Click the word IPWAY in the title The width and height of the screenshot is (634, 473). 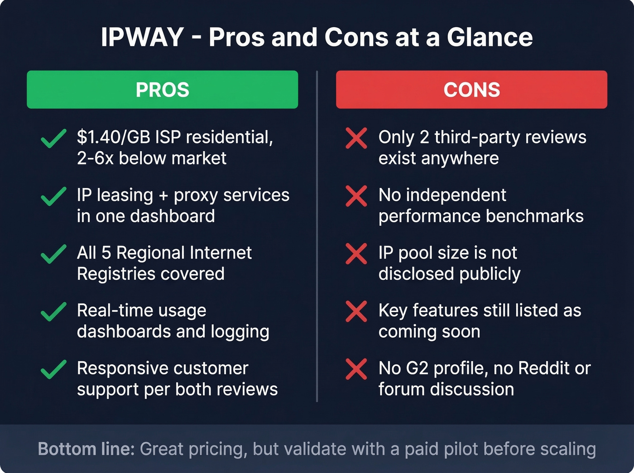pos(142,37)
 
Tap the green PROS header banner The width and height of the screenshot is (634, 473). pos(162,90)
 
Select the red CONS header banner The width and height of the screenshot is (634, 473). pos(471,90)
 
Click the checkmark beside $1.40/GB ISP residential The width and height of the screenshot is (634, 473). pos(53,139)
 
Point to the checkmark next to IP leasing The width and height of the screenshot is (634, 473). pos(53,196)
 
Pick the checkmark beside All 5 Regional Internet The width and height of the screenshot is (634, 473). pos(53,254)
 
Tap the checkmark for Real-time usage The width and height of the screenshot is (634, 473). pos(53,312)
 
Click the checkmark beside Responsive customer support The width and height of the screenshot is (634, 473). pos(53,369)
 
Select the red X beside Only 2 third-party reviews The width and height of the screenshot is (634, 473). pos(356,139)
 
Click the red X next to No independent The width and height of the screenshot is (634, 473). pos(356,196)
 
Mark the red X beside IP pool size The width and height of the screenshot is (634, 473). pos(356,254)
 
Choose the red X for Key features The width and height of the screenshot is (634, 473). pos(356,312)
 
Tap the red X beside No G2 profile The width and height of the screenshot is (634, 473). pos(356,369)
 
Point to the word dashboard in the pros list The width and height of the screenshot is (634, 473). pos(172,216)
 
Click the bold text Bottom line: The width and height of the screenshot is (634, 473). pos(86,449)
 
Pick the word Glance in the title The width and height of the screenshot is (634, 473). pos(490,37)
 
